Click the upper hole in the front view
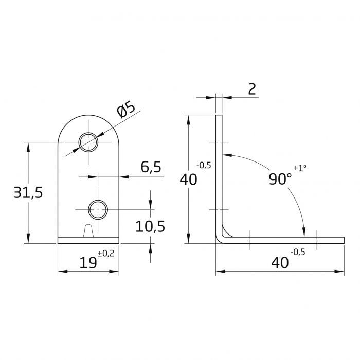pos(88,141)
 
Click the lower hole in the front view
pos(98,209)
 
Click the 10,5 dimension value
pos(150,226)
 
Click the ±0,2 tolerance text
pos(105,254)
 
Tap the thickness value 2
pos(252,89)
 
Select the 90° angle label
pos(280,179)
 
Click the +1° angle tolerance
pos(300,168)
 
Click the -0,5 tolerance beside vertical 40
pos(204,166)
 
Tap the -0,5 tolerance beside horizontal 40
pos(298,252)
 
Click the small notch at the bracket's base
pos(88,231)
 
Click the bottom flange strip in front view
pos(88,240)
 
